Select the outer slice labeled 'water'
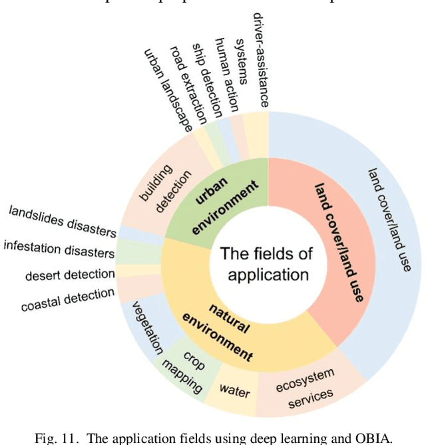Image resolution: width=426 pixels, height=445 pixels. (234, 391)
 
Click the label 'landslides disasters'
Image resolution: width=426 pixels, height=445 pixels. (63, 222)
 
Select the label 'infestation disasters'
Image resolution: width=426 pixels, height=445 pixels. (59, 251)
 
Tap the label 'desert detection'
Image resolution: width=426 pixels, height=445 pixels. (70, 274)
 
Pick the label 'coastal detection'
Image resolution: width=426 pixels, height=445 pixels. (67, 301)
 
